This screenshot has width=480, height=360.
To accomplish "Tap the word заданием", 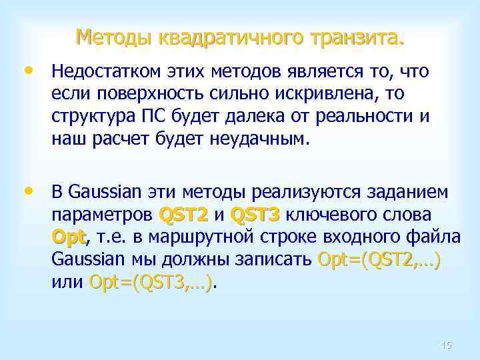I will [413, 193].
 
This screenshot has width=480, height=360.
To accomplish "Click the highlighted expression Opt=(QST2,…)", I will [379, 259].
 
